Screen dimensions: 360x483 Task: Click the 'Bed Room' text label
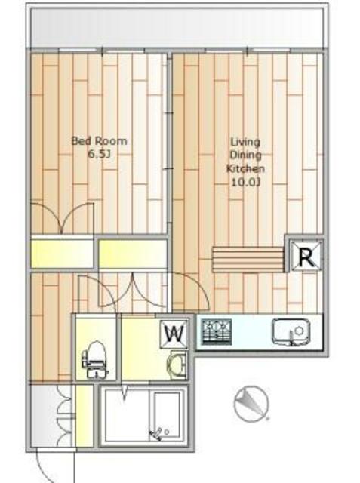[x=99, y=141]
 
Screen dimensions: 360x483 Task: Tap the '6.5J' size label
[x=99, y=154]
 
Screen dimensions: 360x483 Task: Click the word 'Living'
[x=245, y=143]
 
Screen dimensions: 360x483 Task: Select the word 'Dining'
[x=245, y=155]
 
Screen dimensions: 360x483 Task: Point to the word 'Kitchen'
[x=245, y=169]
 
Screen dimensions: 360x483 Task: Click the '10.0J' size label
[x=245, y=183]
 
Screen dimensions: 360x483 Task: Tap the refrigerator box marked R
[x=306, y=255]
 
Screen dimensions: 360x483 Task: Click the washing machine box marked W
[x=174, y=334]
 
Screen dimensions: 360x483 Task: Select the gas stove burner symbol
[x=217, y=332]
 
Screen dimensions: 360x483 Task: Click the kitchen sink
[x=291, y=332]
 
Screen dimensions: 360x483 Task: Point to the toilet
[x=95, y=360]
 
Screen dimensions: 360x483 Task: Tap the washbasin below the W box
[x=177, y=365]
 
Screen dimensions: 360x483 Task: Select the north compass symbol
[x=251, y=403]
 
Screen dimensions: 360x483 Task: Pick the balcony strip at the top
[x=177, y=28]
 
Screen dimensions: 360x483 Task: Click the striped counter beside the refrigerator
[x=248, y=259]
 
